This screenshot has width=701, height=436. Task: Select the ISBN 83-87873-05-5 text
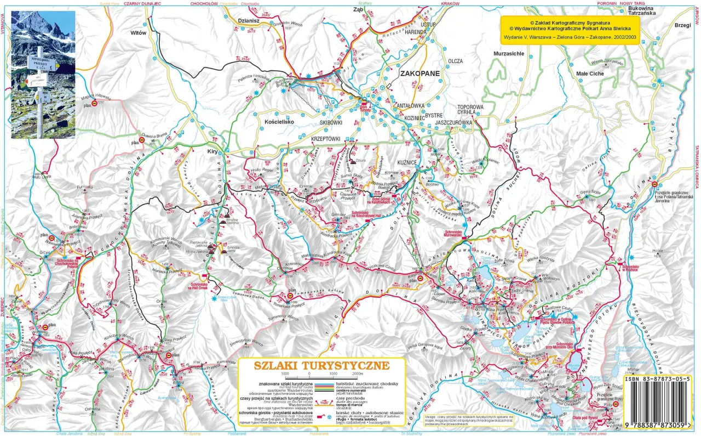[x=660, y=379]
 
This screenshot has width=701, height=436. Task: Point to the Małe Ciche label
[x=590, y=73]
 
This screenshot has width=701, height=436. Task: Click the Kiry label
[x=213, y=151]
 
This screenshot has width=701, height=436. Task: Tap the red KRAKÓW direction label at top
[x=450, y=3]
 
